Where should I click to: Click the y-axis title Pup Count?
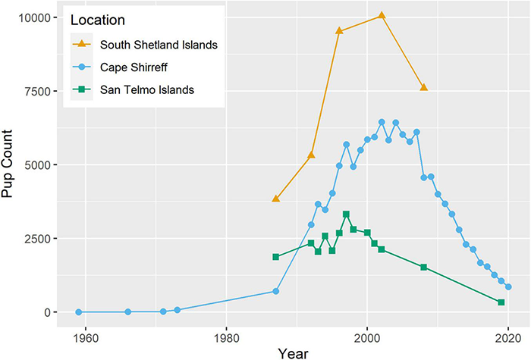11,165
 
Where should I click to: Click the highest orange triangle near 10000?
382,15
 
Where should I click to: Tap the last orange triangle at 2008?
423,88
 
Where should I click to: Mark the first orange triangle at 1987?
276,199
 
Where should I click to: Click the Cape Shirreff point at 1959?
79,311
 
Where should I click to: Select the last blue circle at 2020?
508,287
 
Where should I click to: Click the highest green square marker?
346,214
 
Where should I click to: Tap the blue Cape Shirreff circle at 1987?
276,291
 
